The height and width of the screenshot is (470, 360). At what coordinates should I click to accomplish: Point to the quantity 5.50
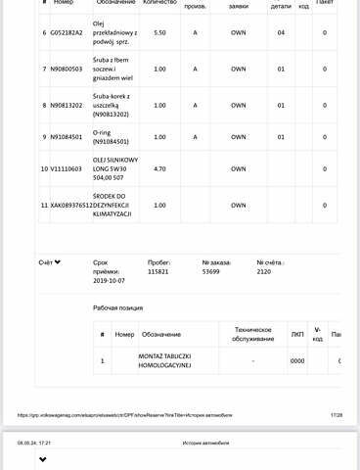[x=159, y=32]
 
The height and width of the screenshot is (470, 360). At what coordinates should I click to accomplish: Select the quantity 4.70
[x=159, y=169]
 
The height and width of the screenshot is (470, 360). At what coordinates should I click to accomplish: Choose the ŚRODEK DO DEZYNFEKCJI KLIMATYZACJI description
[x=111, y=205]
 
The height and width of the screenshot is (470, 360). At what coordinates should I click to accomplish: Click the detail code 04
[x=281, y=32]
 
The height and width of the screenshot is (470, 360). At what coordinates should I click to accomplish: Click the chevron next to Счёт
[x=58, y=262]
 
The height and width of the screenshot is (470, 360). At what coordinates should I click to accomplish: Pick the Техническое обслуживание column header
[x=252, y=334]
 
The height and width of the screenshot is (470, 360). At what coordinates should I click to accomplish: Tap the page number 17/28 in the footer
[x=337, y=415]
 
